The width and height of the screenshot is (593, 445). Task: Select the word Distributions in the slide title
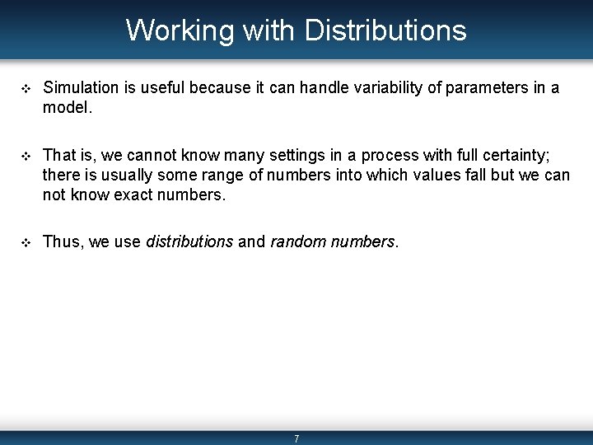[385, 30]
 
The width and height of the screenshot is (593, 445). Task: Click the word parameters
[480, 87]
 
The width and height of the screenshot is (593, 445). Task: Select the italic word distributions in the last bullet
[189, 241]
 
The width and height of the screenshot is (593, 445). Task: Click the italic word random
[296, 241]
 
